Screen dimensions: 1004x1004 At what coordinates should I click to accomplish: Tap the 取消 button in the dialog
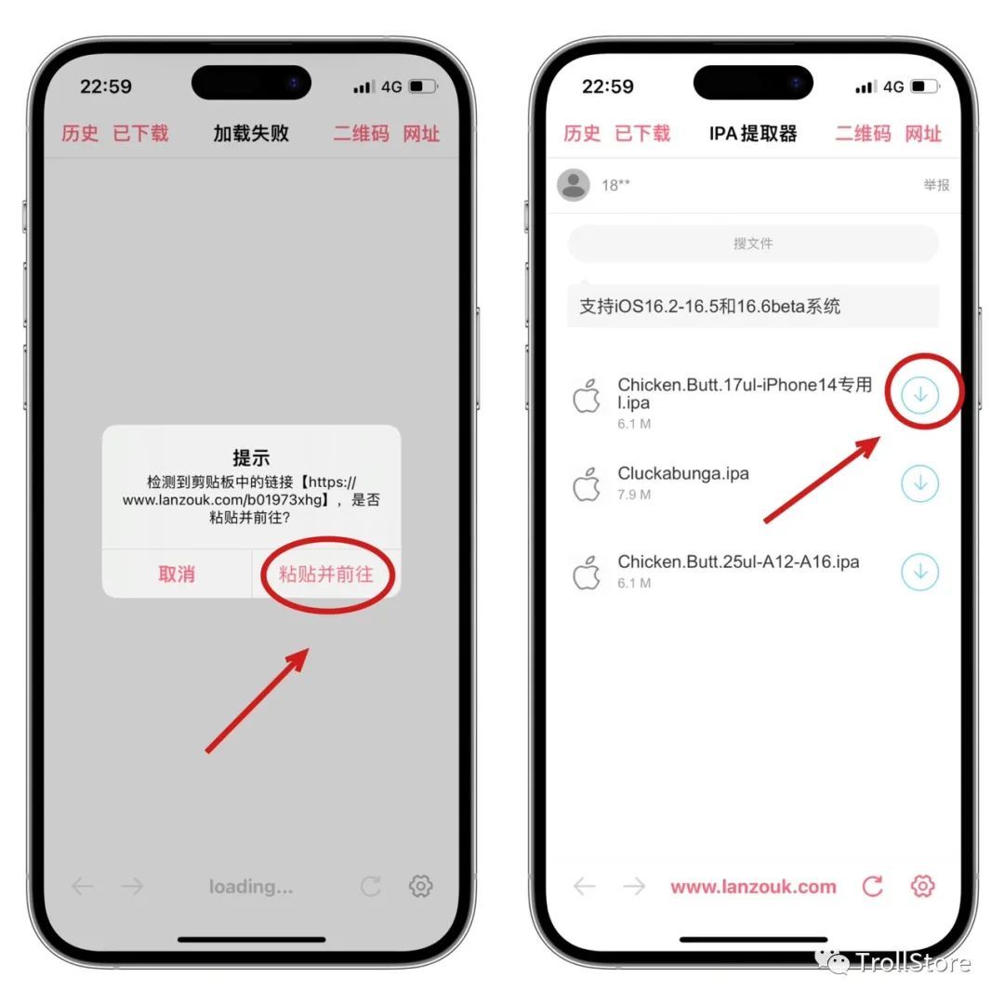point(177,574)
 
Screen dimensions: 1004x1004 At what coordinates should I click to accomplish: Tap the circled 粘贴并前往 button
point(326,574)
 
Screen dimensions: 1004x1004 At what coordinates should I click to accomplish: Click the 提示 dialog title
point(251,457)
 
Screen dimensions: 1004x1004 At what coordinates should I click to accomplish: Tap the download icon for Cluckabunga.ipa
point(919,482)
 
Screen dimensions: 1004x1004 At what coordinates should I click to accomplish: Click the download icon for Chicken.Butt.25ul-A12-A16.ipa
point(919,571)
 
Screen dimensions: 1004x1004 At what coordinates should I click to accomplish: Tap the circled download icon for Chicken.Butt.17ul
point(919,394)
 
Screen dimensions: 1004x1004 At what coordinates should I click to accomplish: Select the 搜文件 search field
point(753,244)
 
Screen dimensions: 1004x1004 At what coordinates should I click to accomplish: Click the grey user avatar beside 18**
point(573,185)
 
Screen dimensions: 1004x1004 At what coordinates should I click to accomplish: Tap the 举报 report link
point(936,185)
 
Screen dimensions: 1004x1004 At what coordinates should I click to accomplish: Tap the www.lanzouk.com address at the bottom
point(753,886)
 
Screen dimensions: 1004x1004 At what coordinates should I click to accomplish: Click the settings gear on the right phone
point(922,886)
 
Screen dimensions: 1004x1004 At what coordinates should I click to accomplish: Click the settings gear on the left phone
point(420,886)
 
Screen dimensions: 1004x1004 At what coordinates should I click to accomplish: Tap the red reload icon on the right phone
point(872,886)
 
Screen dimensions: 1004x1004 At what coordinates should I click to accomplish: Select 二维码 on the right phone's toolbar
point(863,133)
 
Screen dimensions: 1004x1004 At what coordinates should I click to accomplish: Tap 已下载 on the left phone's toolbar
point(140,133)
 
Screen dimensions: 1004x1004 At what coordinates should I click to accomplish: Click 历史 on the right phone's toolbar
point(581,133)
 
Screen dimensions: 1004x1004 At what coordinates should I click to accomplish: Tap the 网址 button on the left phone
point(421,133)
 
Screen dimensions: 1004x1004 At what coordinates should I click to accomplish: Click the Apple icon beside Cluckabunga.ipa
point(586,484)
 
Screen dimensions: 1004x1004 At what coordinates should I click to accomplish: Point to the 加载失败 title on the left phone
point(251,133)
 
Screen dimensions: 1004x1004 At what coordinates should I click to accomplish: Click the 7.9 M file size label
point(634,495)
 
